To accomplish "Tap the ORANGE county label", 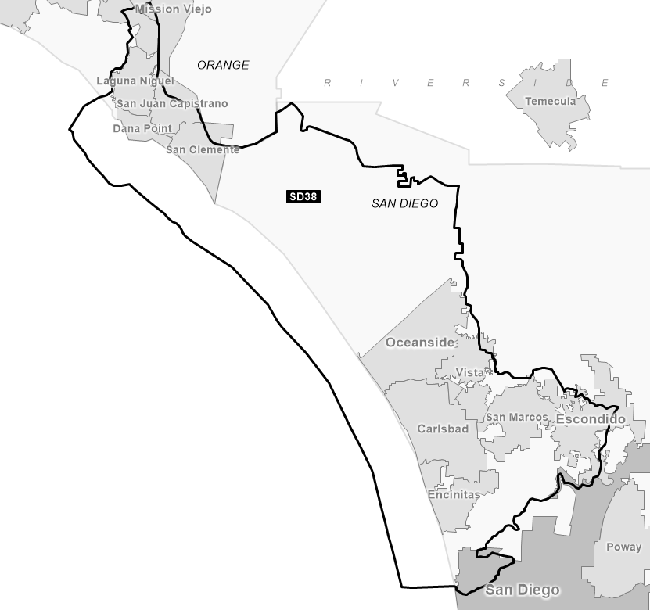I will [x=223, y=65].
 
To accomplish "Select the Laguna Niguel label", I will [x=135, y=81].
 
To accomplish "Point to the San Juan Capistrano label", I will [x=172, y=103].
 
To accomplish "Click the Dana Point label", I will [x=142, y=128].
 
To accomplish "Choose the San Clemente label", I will [x=203, y=149].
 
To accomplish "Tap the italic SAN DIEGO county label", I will [x=404, y=203].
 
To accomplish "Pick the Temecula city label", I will [x=550, y=101].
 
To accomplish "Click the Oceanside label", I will [x=419, y=343].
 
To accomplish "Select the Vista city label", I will [x=470, y=372].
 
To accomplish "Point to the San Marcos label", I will [x=517, y=417].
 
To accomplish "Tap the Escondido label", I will [x=591, y=419].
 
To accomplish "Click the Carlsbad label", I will [x=443, y=429].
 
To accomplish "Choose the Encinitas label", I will [x=454, y=494].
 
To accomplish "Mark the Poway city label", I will [x=623, y=547].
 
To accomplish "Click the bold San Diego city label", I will [x=522, y=590].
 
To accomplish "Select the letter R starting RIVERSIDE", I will [x=329, y=82].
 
